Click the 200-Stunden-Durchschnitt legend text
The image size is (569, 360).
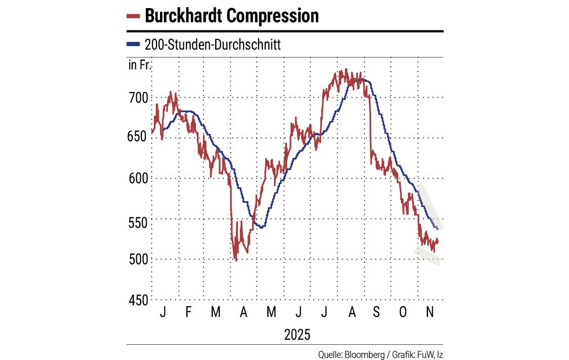pyautogui.click(x=213, y=45)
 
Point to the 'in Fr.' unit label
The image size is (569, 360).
pyautogui.click(x=140, y=65)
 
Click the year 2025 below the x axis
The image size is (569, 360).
pyautogui.click(x=297, y=334)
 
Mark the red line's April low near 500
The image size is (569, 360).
pyautogui.click(x=236, y=259)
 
